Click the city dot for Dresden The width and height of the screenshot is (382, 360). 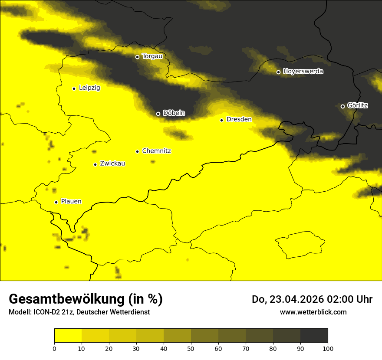(221, 120)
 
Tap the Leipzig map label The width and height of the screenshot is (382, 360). (89, 88)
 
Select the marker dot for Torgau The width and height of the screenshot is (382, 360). (137, 57)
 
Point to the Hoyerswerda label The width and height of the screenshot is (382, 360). (303, 71)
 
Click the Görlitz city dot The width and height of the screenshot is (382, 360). (342, 106)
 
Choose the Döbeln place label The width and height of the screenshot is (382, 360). (174, 113)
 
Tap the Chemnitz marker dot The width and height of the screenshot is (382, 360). (137, 151)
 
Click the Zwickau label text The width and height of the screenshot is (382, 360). (112, 164)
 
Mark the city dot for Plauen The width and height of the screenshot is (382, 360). (56, 202)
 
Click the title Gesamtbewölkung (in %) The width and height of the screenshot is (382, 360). (86, 299)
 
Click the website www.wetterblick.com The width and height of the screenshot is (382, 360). (313, 312)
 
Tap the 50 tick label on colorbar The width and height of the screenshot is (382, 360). (191, 348)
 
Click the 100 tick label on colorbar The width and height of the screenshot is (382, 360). (328, 348)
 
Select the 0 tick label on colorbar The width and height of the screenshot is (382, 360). (54, 348)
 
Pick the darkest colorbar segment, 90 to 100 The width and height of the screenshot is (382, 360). (314, 335)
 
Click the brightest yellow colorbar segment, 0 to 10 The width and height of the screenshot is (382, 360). (68, 335)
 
